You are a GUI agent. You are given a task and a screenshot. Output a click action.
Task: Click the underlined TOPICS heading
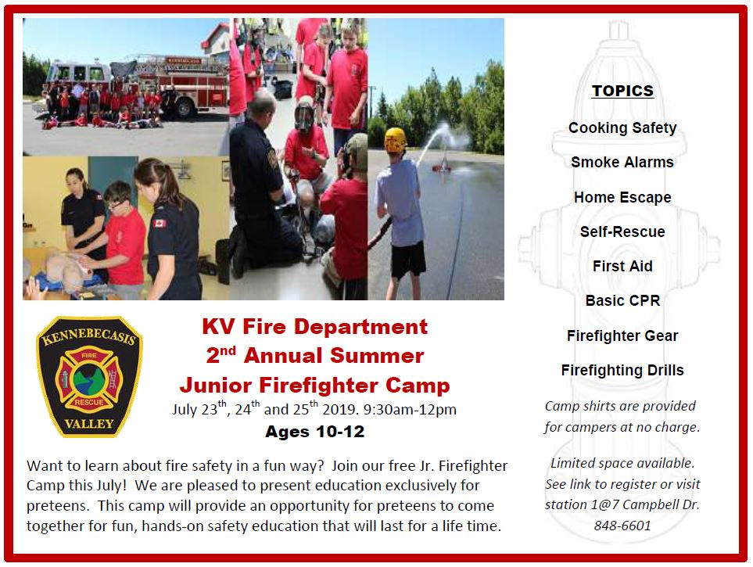point(622,91)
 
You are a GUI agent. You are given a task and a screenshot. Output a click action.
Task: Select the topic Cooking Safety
point(622,127)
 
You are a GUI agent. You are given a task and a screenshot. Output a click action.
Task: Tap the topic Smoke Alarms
point(622,163)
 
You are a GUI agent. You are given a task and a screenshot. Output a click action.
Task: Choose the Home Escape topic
point(622,198)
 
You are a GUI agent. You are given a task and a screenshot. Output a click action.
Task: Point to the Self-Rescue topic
point(622,231)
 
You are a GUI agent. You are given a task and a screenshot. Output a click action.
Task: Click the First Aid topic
point(622,266)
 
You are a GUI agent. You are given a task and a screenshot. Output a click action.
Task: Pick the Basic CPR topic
point(622,301)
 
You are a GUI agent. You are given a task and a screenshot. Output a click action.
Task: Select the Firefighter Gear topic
point(622,336)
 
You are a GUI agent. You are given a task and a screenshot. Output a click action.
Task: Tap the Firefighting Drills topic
point(622,371)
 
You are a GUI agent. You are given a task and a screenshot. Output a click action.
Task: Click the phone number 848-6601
point(622,526)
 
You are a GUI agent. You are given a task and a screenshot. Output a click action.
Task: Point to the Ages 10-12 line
point(315,432)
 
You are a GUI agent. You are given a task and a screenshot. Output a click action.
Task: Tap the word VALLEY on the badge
point(89,424)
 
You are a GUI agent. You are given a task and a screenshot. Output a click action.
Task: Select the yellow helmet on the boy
point(395,140)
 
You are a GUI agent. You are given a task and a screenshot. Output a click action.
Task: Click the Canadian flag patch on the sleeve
point(159,224)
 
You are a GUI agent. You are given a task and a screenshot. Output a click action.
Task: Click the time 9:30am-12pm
point(410,409)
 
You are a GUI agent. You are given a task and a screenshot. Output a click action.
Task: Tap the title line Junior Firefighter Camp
point(315,386)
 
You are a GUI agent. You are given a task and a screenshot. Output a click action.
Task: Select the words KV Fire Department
point(315,327)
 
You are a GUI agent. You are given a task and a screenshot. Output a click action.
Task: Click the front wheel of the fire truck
point(184,109)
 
